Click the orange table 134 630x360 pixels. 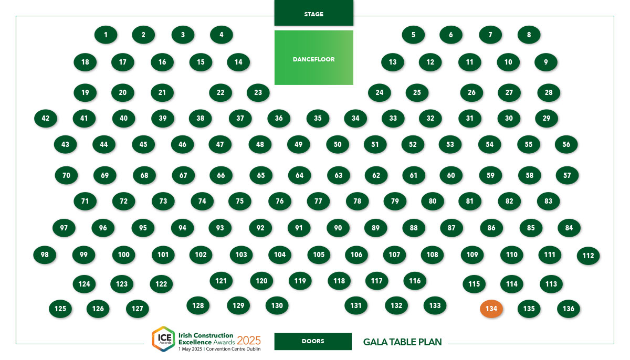click(491, 309)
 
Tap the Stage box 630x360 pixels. click(314, 13)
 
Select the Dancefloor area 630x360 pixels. click(314, 58)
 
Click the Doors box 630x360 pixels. click(313, 342)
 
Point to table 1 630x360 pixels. click(106, 35)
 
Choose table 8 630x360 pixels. click(529, 35)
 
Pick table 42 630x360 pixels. click(46, 118)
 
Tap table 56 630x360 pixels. click(566, 144)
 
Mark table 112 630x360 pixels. click(588, 256)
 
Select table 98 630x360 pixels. click(45, 255)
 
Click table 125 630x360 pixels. click(60, 309)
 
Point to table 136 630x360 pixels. click(569, 309)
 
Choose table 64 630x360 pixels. click(300, 175)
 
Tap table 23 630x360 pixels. click(258, 92)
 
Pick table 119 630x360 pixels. click(300, 281)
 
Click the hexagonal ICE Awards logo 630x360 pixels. click(163, 339)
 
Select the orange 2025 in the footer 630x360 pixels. click(249, 341)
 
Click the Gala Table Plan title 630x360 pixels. click(403, 342)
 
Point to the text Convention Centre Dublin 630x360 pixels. click(233, 349)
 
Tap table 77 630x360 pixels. click(318, 201)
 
